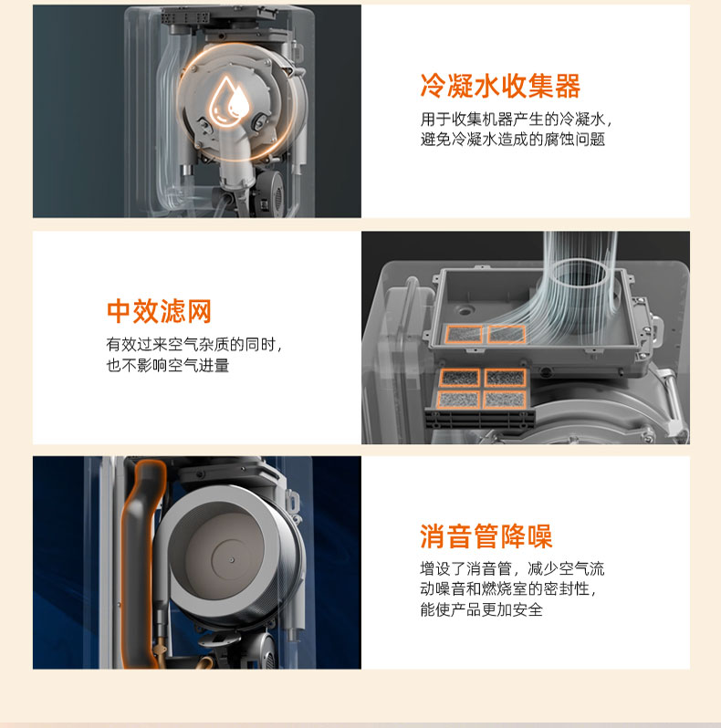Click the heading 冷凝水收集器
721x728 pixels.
(500, 86)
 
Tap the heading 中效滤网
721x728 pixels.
(159, 311)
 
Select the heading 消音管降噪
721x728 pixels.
(486, 536)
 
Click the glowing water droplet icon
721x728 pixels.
(229, 101)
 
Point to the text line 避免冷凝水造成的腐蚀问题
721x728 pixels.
(513, 139)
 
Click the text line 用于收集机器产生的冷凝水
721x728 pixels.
(517, 120)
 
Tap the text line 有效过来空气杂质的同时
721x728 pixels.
(194, 345)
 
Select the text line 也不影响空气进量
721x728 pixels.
(168, 366)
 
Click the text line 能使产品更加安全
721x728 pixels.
(481, 609)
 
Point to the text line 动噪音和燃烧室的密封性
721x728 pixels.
(508, 588)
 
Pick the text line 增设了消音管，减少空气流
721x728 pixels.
(512, 568)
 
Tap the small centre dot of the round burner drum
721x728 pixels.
(233, 560)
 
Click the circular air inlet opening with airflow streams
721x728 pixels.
(580, 279)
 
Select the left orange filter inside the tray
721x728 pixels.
(465, 334)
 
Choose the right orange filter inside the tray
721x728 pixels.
(507, 334)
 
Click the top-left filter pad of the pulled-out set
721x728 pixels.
(459, 378)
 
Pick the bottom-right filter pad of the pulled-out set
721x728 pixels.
(505, 400)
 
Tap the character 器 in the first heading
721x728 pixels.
(568, 86)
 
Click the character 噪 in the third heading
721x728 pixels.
(539, 536)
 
